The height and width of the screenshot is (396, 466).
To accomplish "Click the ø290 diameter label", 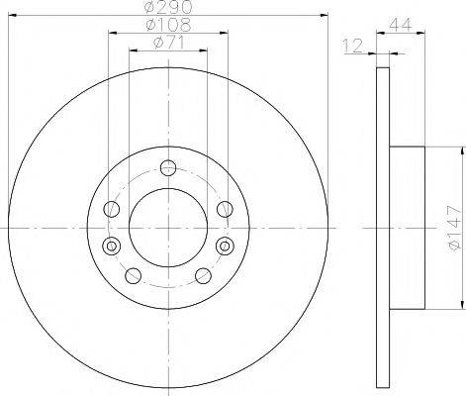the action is pos(168,7).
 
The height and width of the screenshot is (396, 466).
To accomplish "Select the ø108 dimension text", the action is pos(168,25).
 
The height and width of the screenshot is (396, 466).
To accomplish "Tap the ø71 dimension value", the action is pos(168,43).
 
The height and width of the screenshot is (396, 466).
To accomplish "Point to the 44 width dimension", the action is pos(401,25).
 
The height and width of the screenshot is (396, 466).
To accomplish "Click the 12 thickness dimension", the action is pos(353,46).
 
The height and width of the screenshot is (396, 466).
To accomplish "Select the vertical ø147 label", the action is pos(453,228).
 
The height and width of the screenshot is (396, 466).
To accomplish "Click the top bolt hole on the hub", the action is pos(168,168).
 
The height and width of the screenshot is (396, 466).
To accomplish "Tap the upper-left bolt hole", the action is pos(112,209).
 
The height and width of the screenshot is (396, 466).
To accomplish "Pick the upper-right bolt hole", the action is pos(225,209).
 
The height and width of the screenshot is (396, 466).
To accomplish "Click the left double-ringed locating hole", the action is pos(112,246).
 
